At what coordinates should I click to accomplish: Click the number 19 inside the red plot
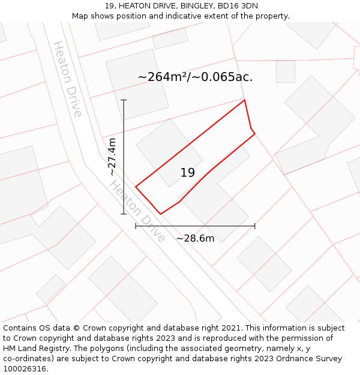pos(187,173)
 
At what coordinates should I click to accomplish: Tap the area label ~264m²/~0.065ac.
pos(195,77)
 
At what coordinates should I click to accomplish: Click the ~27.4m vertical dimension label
pos(112,157)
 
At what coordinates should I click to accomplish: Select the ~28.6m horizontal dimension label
pos(195,238)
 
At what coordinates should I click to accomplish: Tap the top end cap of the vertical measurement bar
pos(124,100)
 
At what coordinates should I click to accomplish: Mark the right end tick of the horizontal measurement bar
pos(255,226)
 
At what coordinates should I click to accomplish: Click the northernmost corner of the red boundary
pos(244,100)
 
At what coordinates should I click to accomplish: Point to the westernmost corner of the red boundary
pos(136,187)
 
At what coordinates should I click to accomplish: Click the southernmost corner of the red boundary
pos(160,214)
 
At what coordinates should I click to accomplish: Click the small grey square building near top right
pos(286,71)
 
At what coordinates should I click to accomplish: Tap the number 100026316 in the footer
pos(24,368)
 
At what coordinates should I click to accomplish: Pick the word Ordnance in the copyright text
pos(287,359)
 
